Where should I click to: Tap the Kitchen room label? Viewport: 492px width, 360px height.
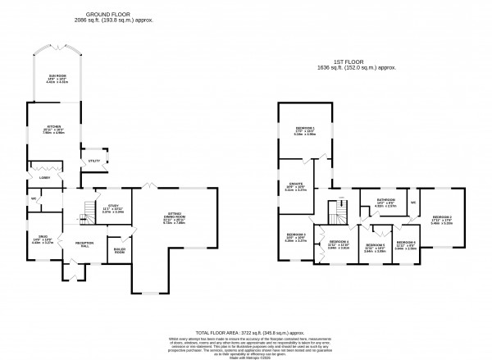54,128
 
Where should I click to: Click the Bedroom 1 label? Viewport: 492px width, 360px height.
305,130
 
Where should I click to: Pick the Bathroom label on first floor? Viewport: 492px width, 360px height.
385,201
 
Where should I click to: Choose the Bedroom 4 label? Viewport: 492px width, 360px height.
339,243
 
